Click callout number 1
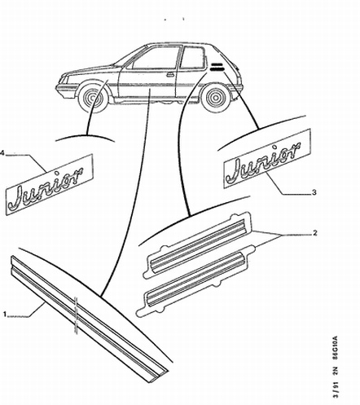pos(5,315)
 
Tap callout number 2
pos(314,233)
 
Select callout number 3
pos(314,192)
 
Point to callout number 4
pos(2,153)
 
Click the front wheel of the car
pos(91,96)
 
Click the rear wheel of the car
pos(216,98)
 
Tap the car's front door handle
pos(170,74)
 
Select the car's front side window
pos(156,59)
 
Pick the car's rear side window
pos(192,58)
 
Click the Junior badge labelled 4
pos(50,185)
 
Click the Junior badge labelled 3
pos(267,159)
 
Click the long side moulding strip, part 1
pos(90,319)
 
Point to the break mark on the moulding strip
pos(76,315)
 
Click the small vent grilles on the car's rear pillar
pos(217,67)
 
